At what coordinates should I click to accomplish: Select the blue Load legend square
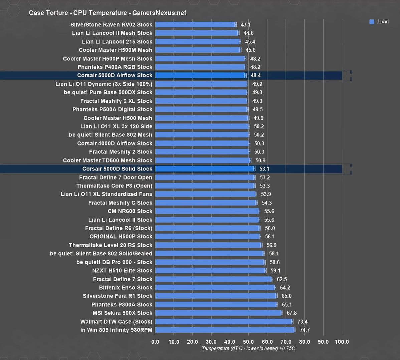click(x=372, y=22)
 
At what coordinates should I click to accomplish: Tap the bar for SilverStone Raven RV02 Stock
click(x=195, y=25)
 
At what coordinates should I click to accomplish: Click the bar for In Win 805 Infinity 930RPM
click(x=225, y=330)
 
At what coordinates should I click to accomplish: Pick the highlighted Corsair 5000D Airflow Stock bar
click(x=200, y=75)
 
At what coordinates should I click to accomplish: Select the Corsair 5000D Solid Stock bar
click(x=205, y=169)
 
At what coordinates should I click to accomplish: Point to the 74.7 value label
click(x=305, y=330)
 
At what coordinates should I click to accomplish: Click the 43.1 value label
click(x=245, y=25)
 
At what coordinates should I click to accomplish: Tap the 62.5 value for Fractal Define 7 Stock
click(x=282, y=279)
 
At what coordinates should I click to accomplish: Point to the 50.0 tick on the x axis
click(x=248, y=342)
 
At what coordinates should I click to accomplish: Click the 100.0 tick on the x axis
click(x=342, y=342)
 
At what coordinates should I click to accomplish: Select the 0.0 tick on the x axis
click(x=155, y=342)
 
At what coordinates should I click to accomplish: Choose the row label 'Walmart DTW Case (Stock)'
click(x=116, y=322)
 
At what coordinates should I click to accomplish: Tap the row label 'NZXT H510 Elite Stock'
click(x=122, y=271)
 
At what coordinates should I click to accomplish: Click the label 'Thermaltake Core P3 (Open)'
click(x=114, y=186)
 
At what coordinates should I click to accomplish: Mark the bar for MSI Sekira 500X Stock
click(x=218, y=313)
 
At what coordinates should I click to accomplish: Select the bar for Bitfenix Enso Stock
click(x=215, y=288)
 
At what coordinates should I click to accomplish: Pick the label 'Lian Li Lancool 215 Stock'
click(x=117, y=42)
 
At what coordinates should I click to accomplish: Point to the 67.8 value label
click(x=291, y=313)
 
